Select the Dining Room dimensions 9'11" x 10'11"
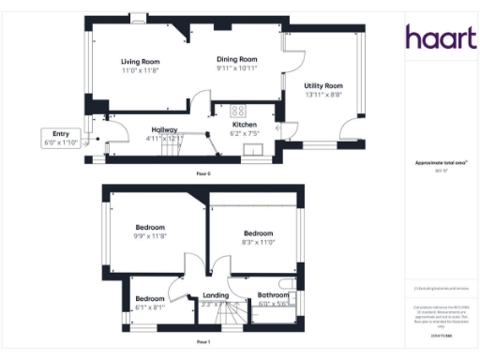(236, 68)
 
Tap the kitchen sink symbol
(252, 147)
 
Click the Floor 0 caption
(203, 173)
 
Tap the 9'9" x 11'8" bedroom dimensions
(150, 236)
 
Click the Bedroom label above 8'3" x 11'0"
(258, 233)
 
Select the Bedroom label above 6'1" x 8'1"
(150, 299)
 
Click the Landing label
(215, 296)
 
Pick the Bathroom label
(274, 296)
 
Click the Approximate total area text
(434, 164)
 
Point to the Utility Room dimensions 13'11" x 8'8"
(323, 94)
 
